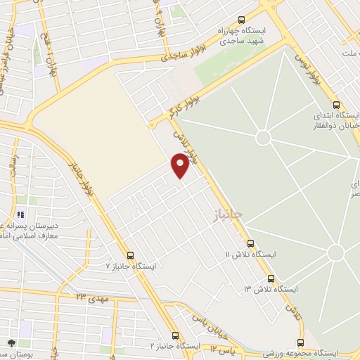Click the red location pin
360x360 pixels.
[x=180, y=165]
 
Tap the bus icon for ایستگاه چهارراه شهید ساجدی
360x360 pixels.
[x=242, y=20]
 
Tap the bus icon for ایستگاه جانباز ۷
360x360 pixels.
[x=130, y=256]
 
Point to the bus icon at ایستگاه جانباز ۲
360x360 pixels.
[x=175, y=336]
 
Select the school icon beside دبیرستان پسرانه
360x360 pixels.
[x=20, y=214]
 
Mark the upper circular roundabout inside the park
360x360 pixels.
[x=263, y=137]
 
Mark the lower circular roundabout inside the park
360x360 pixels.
[x=335, y=252]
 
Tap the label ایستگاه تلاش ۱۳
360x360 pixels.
[x=271, y=290]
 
